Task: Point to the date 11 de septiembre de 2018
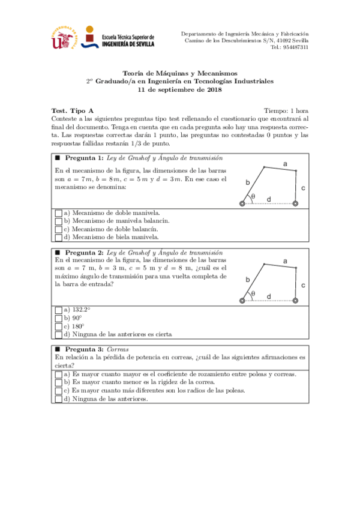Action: [180, 89]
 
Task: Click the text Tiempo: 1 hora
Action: [286, 111]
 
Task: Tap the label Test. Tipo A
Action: [73, 111]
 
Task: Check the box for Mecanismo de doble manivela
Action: [58, 213]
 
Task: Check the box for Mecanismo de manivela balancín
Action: [58, 221]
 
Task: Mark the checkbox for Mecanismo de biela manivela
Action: [58, 236]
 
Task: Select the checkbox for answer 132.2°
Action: [58, 310]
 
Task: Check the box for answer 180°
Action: [58, 326]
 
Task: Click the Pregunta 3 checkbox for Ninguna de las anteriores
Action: [58, 399]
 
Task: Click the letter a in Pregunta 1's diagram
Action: [285, 164]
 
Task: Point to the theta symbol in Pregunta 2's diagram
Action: [253, 294]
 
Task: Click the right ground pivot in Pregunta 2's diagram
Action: [295, 301]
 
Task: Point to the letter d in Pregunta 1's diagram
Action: [268, 199]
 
